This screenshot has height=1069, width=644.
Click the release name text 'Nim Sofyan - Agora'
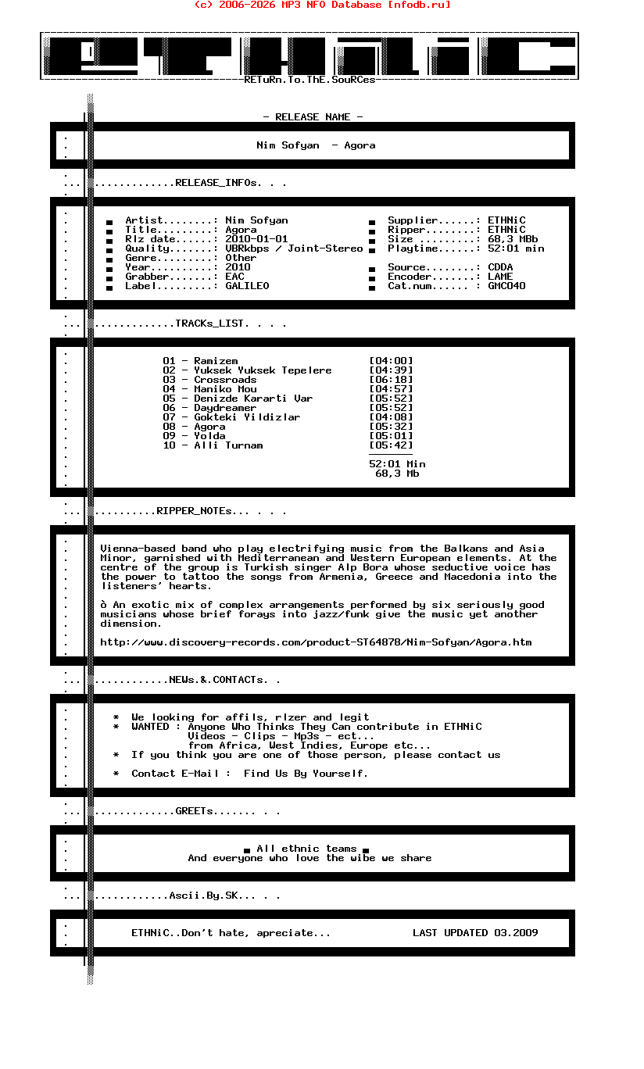point(316,145)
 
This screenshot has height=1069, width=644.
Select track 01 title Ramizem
point(216,361)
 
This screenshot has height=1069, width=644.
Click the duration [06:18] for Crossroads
point(391,380)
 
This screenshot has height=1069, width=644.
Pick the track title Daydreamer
point(225,408)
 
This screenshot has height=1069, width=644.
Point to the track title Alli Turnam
point(228,445)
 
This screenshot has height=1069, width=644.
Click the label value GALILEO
point(247,286)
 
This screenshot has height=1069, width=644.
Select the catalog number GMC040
point(506,286)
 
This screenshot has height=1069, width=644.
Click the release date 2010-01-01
point(256,239)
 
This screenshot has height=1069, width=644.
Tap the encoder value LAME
point(500,277)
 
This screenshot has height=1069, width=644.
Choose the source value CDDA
point(500,267)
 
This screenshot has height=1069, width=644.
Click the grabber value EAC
point(234,277)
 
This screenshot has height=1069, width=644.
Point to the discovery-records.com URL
point(316,642)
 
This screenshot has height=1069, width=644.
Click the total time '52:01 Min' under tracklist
point(397,464)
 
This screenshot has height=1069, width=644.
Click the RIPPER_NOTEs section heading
point(195,511)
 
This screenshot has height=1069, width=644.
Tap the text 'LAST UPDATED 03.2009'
point(475,933)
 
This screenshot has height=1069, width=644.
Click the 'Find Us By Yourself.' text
point(306,774)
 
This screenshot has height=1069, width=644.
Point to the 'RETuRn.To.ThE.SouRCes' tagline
point(309,80)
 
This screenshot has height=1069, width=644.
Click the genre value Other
point(241,258)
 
